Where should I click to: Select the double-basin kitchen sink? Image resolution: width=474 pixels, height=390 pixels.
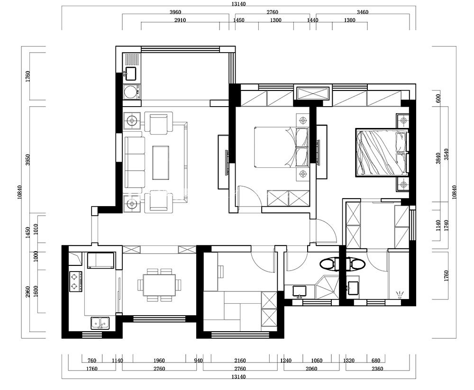click(100, 323)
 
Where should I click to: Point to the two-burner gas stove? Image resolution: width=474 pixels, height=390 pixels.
click(76, 281)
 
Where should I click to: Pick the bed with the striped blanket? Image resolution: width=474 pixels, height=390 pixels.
click(382, 153)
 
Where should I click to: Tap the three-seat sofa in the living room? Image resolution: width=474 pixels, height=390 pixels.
click(135, 163)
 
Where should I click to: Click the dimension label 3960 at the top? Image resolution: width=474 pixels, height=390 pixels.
click(175, 12)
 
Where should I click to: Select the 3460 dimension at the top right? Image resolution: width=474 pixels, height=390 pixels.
click(363, 12)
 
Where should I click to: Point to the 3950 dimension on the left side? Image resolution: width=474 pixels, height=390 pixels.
click(28, 160)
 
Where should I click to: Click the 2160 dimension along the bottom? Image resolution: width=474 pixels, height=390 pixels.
click(240, 360)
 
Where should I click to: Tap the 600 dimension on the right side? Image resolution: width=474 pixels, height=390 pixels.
click(438, 98)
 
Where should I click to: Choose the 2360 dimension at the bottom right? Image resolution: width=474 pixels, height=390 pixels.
click(377, 369)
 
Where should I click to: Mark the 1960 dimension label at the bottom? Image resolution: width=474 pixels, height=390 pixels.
click(159, 360)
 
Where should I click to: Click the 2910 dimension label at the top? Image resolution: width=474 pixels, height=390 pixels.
click(180, 20)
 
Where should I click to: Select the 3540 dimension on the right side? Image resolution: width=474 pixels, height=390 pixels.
click(447, 154)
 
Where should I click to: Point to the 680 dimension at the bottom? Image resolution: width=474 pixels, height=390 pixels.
click(376, 360)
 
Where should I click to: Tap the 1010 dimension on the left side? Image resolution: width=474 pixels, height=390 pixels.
click(36, 229)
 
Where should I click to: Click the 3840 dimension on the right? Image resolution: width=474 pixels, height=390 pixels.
click(438, 158)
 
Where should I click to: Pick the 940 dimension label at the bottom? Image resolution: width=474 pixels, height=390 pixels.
click(198, 360)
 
